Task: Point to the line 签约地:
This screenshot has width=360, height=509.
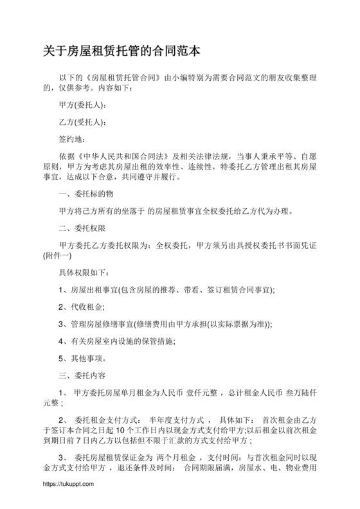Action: coord(72,139)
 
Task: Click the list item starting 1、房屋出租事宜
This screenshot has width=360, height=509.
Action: coord(166,290)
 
